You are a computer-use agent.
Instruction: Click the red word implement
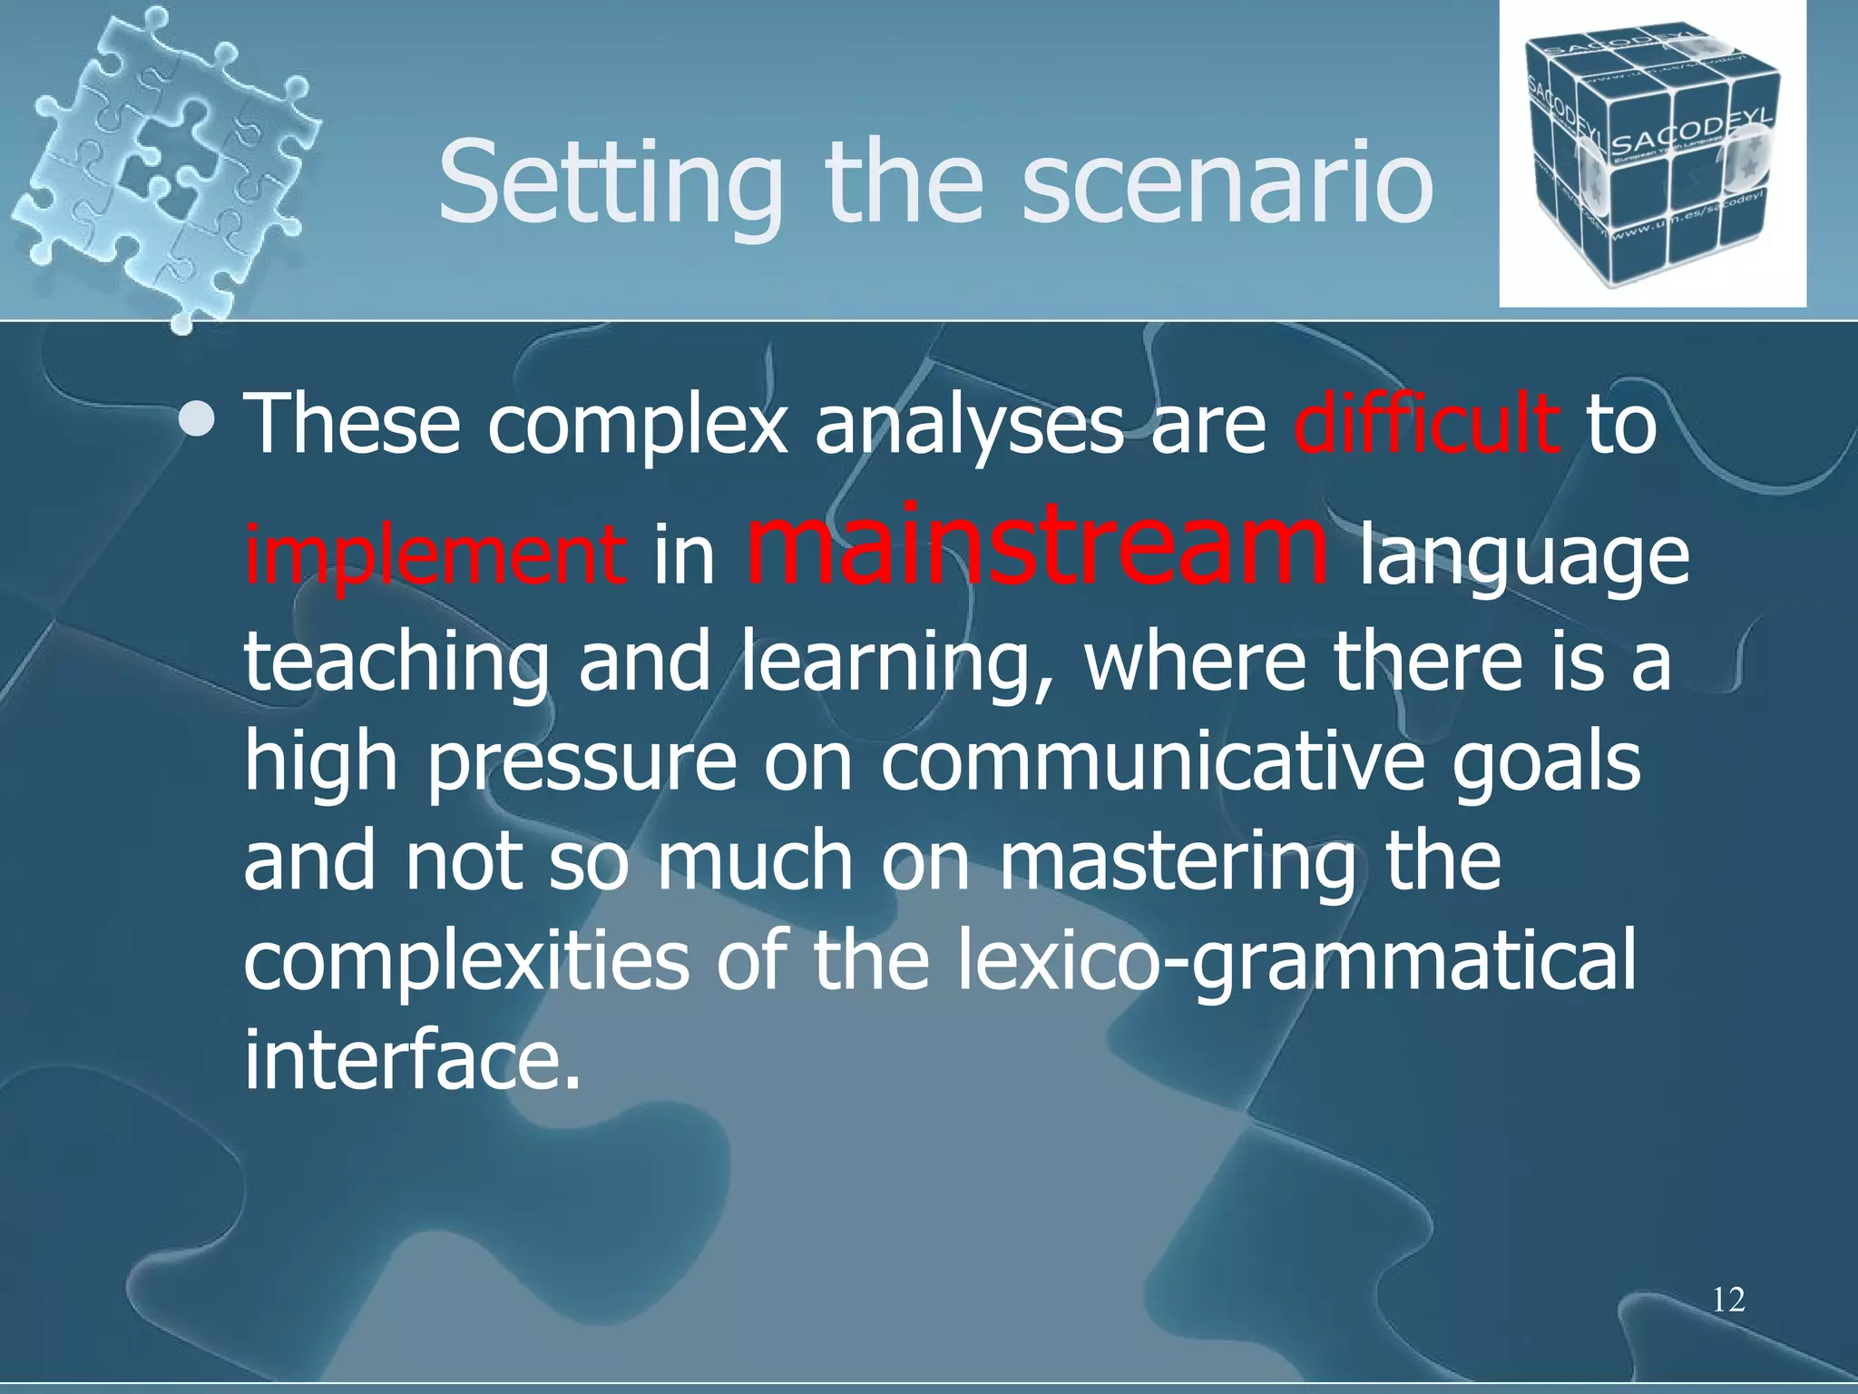[435, 555]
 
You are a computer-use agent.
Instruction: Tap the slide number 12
[1728, 1300]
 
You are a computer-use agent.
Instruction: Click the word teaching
[396, 663]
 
